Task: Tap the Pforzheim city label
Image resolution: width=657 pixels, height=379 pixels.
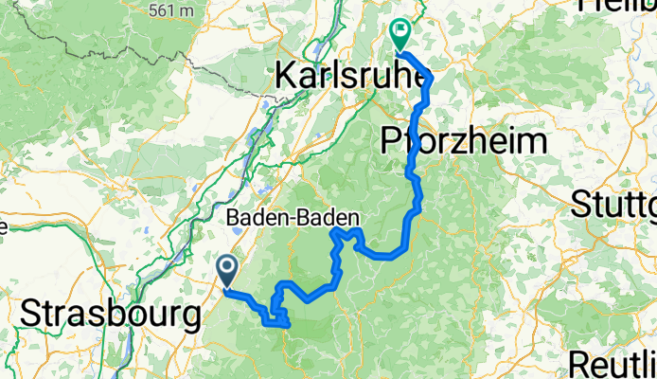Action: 464,142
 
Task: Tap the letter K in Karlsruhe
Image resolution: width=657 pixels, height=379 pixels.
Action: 285,76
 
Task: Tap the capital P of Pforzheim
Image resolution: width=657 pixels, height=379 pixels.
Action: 390,142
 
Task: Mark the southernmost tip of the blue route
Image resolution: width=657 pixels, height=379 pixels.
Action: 284,328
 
